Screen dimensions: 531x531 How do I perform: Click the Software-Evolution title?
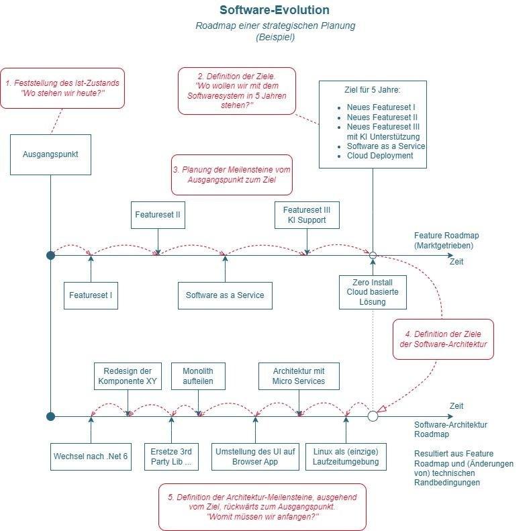coord(275,10)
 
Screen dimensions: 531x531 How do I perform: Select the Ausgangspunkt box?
coord(50,154)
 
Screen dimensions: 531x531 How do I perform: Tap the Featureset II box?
coord(158,215)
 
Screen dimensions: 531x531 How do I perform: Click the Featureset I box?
coord(91,295)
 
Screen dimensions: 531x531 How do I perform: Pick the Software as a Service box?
coord(225,295)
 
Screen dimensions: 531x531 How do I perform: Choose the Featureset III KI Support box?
coord(307,215)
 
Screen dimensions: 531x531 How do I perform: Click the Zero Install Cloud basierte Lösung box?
coord(373,292)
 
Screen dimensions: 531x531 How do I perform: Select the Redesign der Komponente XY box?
coord(128,376)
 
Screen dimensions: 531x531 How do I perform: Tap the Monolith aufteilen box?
coord(198,376)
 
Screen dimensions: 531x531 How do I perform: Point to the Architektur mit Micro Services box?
coord(299,376)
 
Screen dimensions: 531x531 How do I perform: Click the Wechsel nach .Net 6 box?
coord(91,456)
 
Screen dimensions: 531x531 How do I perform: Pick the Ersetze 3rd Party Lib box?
coord(171,456)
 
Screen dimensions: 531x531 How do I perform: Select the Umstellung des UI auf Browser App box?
coord(255,456)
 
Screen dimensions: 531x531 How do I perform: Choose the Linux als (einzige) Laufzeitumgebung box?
coord(346,456)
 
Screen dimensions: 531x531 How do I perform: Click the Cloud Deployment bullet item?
coord(376,156)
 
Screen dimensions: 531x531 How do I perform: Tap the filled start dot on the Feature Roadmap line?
coord(50,255)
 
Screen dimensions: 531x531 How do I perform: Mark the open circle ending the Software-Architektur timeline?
coord(373,416)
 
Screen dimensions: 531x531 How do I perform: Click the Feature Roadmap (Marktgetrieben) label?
coord(446,240)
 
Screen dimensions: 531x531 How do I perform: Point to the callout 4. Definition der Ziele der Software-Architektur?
coord(443,339)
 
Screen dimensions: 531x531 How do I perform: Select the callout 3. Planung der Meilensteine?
coord(232,175)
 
